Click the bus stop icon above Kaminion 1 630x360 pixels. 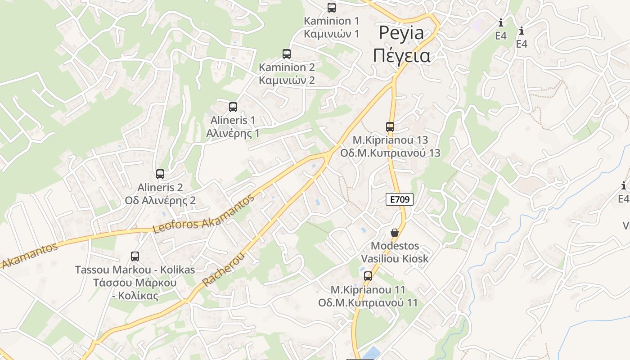pos(332,7)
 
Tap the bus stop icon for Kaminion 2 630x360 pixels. pos(287,54)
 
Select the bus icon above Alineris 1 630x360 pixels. pos(233,107)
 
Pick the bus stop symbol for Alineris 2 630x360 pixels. pos(160,174)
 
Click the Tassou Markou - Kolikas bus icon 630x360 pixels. pos(135,256)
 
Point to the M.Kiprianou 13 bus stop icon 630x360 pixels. pos(390,127)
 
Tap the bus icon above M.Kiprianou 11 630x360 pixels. pos(368,276)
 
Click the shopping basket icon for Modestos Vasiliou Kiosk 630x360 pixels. pos(395,233)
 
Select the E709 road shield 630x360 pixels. pos(400,199)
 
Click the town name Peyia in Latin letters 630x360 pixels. pos(401,33)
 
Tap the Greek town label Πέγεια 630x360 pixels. pos(401,56)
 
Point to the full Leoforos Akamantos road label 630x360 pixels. pos(204,214)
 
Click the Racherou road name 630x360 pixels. pos(224,270)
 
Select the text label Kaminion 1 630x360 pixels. pos(332,21)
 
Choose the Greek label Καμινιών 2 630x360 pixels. pos(287,81)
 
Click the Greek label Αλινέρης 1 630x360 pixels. pos(233,134)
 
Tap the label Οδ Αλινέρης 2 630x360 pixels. pos(160,201)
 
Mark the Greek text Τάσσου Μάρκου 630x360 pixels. pos(135,283)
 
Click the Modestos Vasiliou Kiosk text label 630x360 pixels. pos(395,252)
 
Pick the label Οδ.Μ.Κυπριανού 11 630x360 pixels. pos(368,303)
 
